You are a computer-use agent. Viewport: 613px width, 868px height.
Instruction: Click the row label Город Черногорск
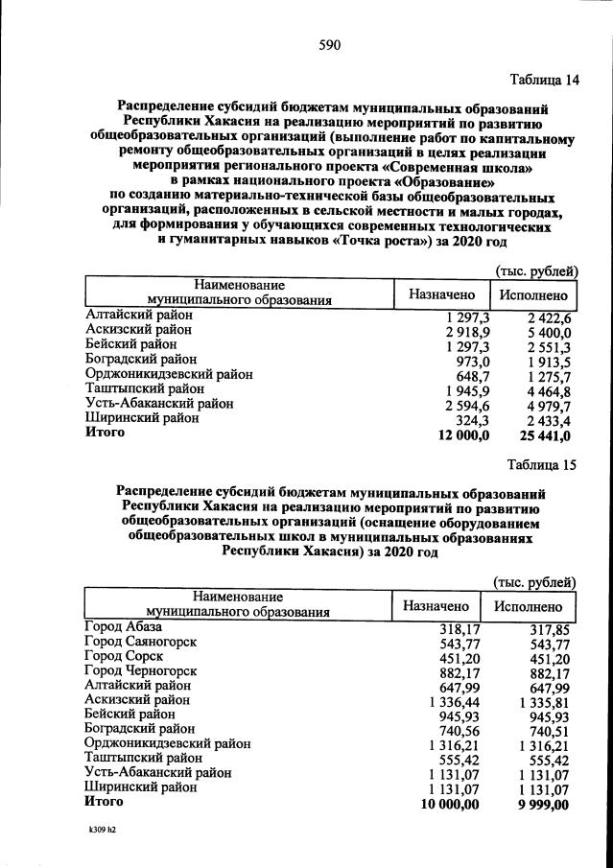140,671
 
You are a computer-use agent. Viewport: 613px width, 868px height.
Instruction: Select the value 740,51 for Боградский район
548,731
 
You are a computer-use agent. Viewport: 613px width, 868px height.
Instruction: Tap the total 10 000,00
448,804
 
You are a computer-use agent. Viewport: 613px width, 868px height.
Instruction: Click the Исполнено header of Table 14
532,295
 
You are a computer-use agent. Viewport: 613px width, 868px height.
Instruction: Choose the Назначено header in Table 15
436,606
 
